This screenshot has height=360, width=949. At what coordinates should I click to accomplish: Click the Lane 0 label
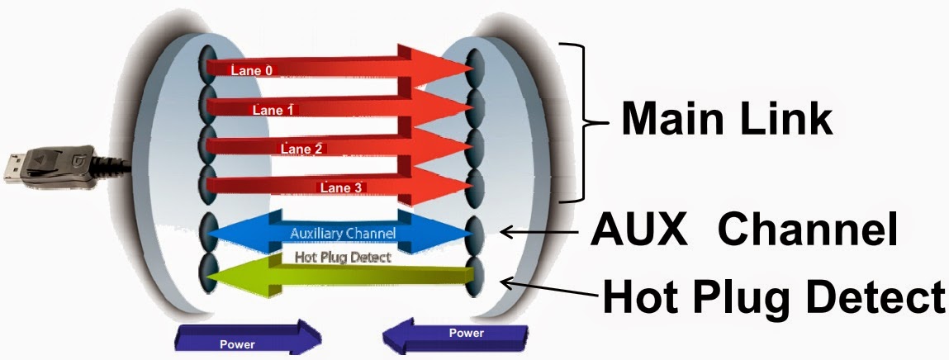[x=251, y=71]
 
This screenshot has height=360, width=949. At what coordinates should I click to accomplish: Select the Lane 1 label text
[x=272, y=109]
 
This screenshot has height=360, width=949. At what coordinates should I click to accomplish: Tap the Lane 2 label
[x=301, y=149]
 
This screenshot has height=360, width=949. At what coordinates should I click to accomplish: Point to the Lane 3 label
[x=341, y=188]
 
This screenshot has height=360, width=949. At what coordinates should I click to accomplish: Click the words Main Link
[x=727, y=118]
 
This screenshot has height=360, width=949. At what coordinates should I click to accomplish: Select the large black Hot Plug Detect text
[x=773, y=295]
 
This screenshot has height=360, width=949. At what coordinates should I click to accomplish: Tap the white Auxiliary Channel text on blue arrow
[x=343, y=233]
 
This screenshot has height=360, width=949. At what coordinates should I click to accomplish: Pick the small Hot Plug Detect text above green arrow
[x=343, y=257]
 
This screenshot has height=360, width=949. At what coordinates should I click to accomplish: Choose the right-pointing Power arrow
[x=248, y=339]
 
